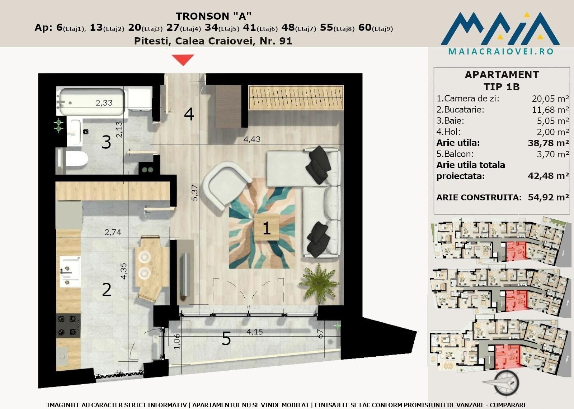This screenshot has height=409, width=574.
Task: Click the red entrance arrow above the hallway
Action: [x=183, y=60]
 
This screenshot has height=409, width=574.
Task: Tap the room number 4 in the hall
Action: [x=189, y=114]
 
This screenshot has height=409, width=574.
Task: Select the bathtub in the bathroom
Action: [x=91, y=102]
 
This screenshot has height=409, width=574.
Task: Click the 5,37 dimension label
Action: [x=195, y=192]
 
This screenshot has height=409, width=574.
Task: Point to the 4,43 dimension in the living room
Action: [x=251, y=139]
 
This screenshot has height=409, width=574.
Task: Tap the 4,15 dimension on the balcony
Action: [x=254, y=332]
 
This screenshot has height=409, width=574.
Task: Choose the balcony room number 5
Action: [x=226, y=338]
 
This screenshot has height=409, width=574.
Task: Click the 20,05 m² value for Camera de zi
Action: [x=550, y=98]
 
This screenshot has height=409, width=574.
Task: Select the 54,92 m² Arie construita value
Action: [x=548, y=197]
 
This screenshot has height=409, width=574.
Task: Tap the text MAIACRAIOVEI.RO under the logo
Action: [x=501, y=52]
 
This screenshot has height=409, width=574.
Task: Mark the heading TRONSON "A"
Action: [x=214, y=16]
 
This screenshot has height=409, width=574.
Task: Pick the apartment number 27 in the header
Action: [x=173, y=27]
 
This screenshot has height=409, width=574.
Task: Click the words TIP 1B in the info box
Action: [x=502, y=87]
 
